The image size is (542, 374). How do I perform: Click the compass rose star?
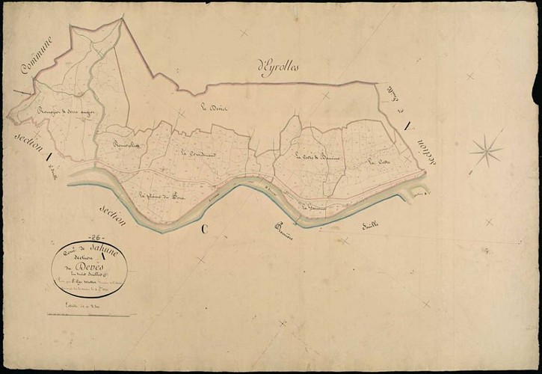(x=486, y=150)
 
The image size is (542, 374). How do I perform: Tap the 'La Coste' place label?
(x=378, y=161)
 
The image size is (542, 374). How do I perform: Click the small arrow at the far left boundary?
(x=16, y=94)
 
